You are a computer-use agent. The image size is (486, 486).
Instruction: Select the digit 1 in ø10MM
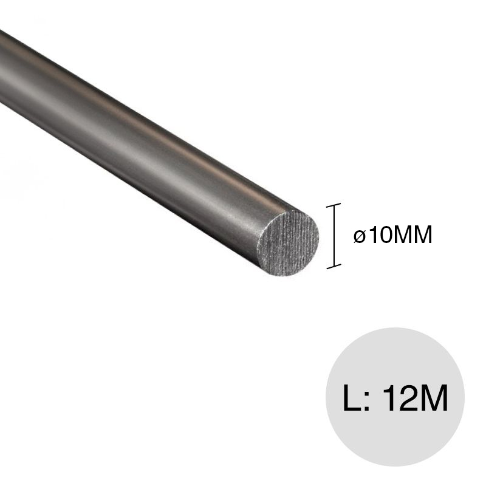click(370, 234)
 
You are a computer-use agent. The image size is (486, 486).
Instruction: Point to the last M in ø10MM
click(421, 234)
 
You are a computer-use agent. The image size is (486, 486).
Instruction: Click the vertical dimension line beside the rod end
click(334, 236)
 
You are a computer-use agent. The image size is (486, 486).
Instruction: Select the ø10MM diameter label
click(392, 235)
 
